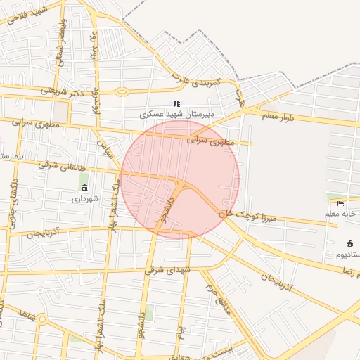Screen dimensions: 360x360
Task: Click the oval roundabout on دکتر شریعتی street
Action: (122, 91)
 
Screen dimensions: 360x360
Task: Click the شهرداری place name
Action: (85, 199)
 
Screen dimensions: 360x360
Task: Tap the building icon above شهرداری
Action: (85, 188)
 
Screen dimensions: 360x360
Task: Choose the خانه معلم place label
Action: (341, 212)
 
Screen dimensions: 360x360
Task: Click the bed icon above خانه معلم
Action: (341, 204)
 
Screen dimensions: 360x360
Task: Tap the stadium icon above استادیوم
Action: (350, 243)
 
